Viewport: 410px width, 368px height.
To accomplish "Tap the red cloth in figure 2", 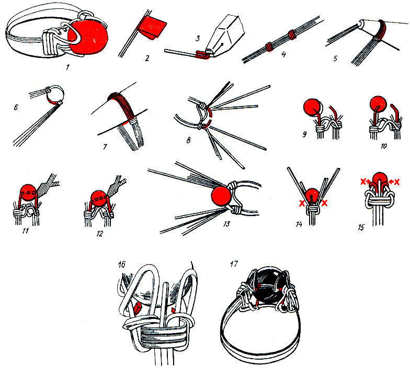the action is pos(153,27).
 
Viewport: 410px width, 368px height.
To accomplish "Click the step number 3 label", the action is pos(198,39).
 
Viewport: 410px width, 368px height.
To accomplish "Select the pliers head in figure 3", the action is pos(225,35).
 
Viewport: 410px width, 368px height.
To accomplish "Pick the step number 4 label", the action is pos(283,54).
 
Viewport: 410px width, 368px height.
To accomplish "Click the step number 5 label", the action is pos(336,58).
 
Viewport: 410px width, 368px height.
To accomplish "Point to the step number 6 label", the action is pos(16,106).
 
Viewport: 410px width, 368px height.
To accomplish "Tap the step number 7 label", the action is pos(105,147).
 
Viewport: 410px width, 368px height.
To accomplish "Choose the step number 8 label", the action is pos(188,140).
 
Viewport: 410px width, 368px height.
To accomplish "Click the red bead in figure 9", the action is pos(312,107).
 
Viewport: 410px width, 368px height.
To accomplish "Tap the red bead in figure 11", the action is pos(29,193).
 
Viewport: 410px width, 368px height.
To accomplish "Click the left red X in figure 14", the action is pos(302,203).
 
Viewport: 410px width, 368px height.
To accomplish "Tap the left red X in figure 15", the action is pos(363,182).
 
